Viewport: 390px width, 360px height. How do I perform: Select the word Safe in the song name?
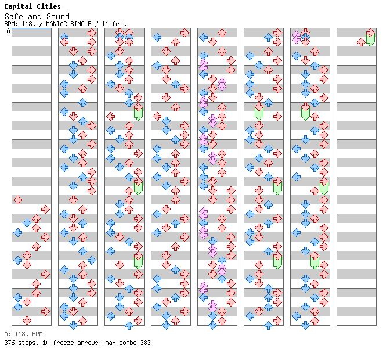(13, 17)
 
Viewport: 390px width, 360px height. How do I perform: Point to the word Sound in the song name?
(58, 17)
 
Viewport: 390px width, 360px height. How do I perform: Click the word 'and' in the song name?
(35, 17)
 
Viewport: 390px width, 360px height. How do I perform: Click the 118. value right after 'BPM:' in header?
(27, 24)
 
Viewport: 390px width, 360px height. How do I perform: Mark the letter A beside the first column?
(9, 31)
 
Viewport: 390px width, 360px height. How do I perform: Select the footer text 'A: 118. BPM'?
(23, 334)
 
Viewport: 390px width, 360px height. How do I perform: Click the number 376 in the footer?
(9, 343)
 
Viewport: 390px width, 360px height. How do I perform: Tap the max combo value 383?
(145, 343)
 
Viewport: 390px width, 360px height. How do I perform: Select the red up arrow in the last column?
(361, 42)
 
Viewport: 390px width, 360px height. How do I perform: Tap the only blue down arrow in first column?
(27, 223)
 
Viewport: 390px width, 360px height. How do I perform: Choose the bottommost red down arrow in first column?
(27, 321)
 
